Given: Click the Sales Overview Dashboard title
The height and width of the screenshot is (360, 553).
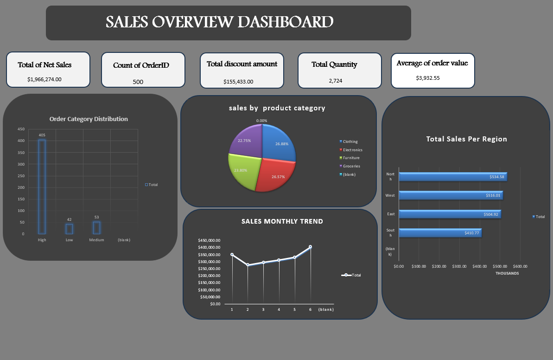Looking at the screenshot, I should tap(219, 22).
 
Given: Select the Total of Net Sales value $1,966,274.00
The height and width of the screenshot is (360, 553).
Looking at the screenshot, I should tap(44, 79).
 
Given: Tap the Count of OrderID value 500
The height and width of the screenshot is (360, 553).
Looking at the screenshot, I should tap(138, 82).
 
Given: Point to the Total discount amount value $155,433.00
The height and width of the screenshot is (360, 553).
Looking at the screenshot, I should tap(238, 82).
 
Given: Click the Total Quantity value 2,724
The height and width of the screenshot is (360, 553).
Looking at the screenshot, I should tap(336, 81).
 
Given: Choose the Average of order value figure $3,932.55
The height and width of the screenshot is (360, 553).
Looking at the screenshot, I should tap(428, 78).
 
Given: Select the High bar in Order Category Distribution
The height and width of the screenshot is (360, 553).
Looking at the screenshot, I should tap(42, 186).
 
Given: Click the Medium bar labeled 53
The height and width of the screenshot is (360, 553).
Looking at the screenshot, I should tap(96, 228).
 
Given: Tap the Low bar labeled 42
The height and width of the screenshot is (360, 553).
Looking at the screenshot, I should tap(69, 229).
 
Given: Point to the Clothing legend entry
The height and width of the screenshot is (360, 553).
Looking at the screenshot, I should tap(350, 141).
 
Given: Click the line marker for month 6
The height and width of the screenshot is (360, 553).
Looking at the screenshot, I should tap(310, 247).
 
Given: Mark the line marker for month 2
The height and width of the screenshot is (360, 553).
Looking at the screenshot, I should tap(248, 265).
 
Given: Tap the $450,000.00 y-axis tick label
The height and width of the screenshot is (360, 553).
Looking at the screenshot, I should tap(209, 240).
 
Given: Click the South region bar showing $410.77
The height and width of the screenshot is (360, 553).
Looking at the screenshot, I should tap(439, 233).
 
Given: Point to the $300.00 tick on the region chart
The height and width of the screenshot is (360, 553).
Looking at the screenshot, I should tap(459, 266).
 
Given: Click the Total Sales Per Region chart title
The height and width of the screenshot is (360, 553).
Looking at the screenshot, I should tap(466, 139).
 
